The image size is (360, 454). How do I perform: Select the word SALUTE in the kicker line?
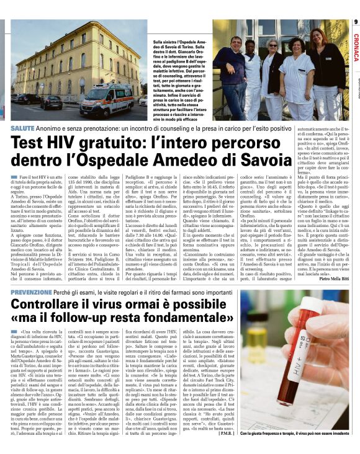[x=23, y=127]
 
